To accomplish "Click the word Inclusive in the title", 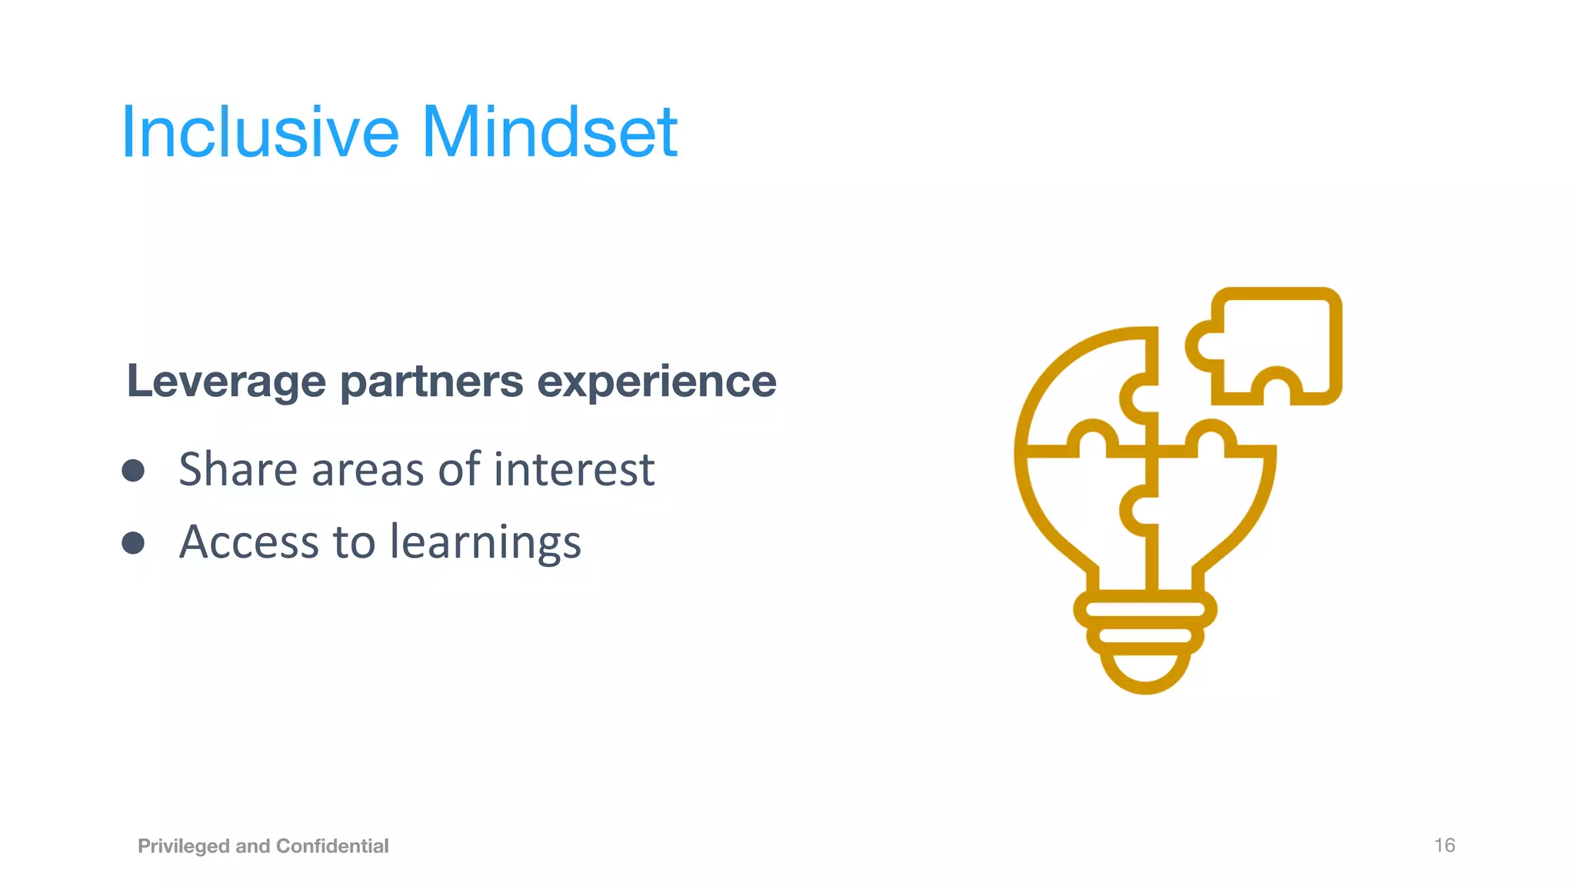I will click(260, 132).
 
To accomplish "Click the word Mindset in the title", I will click(549, 132).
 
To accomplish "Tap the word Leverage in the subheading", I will click(226, 381).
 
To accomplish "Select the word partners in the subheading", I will click(431, 381).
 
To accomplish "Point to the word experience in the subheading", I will click(656, 381).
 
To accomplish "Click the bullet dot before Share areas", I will click(133, 471).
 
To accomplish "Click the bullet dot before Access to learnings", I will click(133, 543).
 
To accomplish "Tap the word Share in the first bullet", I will click(238, 469).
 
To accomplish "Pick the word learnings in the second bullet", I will click(485, 543).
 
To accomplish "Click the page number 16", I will click(1444, 845).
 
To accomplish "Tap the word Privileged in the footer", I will click(184, 846).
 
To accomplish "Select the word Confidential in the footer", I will click(332, 846).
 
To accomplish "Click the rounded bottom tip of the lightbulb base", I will click(1145, 677).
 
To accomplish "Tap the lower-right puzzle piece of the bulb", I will click(1207, 508).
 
